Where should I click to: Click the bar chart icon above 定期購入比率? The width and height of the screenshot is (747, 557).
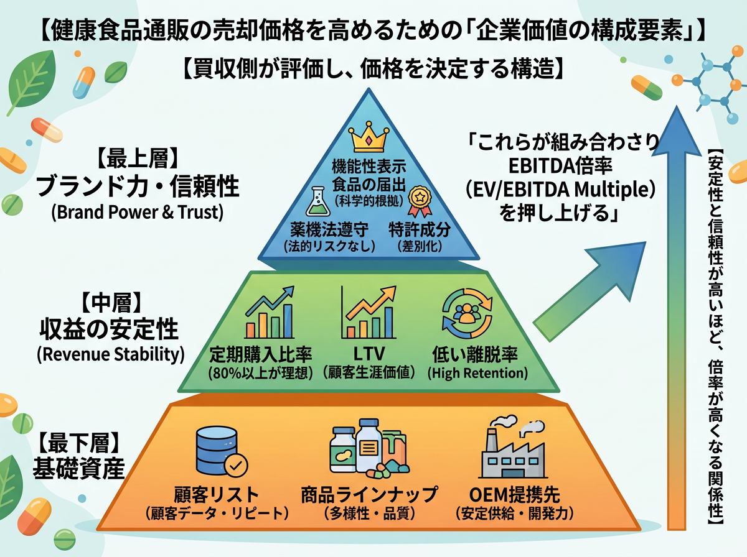point(269,313)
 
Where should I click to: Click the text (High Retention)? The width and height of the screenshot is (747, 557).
point(477,373)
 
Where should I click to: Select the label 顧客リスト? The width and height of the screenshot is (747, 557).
point(217,495)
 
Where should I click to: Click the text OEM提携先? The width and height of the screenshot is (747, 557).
point(515,495)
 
